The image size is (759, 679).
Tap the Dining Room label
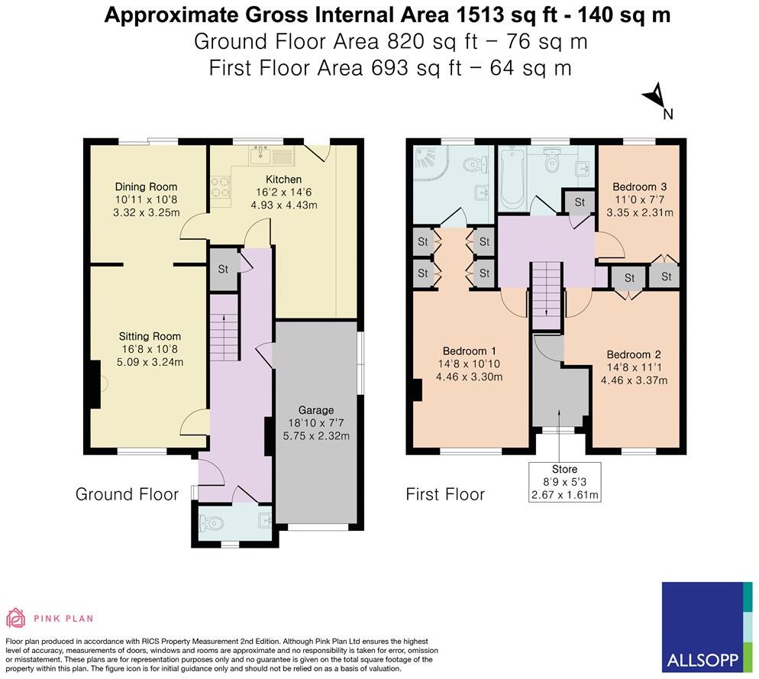pyautogui.click(x=146, y=186)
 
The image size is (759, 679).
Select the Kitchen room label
pyautogui.click(x=279, y=179)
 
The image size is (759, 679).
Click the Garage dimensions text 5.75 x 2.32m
pyautogui.click(x=317, y=436)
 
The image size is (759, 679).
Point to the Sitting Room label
pyautogui.click(x=150, y=336)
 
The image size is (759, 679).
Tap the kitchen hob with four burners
pyautogui.click(x=220, y=188)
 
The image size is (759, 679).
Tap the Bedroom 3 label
pyautogui.click(x=640, y=187)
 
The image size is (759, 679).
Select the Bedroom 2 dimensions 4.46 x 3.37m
pyautogui.click(x=633, y=380)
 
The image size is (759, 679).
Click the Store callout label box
pyautogui.click(x=565, y=482)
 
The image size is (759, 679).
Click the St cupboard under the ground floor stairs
pyautogui.click(x=223, y=270)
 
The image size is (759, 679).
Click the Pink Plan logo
pyautogui.click(x=50, y=618)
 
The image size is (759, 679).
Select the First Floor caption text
pyautogui.click(x=445, y=494)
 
